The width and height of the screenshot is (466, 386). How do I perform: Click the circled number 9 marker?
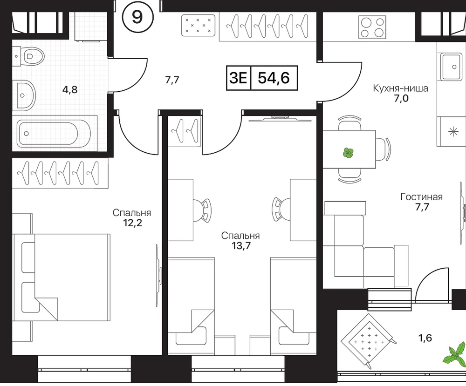click(x=137, y=18)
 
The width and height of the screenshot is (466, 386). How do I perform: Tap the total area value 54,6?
click(x=274, y=78)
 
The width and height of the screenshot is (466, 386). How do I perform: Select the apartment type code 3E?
click(x=238, y=78)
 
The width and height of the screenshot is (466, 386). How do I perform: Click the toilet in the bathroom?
click(x=28, y=56)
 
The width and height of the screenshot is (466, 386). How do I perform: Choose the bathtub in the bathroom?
click(x=54, y=134)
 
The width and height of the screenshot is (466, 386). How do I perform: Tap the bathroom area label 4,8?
click(x=70, y=89)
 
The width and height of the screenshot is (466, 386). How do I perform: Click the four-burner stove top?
click(x=372, y=27)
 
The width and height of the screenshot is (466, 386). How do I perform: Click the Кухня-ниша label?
click(x=401, y=88)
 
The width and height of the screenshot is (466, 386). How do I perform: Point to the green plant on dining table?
click(x=348, y=153)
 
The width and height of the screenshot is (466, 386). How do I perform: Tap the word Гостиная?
click(x=421, y=196)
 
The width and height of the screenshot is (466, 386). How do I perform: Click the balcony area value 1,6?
click(x=425, y=338)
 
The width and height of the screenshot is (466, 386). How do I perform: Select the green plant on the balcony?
click(x=455, y=355)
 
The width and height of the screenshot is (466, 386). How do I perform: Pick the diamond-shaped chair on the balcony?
click(x=369, y=341)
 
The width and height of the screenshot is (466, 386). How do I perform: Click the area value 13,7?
click(x=240, y=245)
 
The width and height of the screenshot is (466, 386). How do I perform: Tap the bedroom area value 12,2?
click(x=132, y=223)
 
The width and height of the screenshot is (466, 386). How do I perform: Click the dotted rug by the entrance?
click(x=198, y=25)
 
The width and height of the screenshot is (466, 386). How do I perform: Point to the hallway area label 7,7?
click(x=172, y=80)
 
